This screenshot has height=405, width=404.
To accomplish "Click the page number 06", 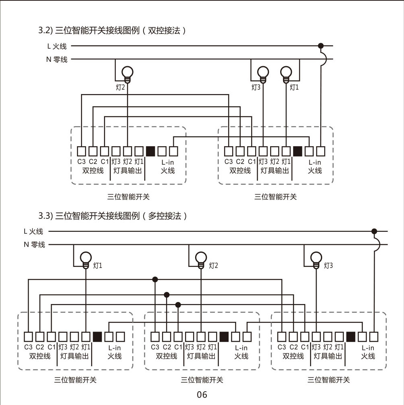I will (202, 395).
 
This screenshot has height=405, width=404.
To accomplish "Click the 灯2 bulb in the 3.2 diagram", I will (127, 72).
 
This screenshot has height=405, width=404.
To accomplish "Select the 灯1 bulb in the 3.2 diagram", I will (286, 72).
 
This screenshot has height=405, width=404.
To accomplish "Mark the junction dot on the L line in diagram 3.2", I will (321, 46).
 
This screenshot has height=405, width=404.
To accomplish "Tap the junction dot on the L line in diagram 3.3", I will (374, 231).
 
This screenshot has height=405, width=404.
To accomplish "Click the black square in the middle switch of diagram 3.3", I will (224, 336).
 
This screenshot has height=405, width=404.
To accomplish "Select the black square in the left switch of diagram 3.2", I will (150, 151).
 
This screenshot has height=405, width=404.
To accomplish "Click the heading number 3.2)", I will (46, 30).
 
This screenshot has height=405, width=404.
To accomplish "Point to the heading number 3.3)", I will (46, 216).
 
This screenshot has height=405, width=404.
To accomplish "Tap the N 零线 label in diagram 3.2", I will (56, 60).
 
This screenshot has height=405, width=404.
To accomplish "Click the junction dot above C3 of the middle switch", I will (155, 279).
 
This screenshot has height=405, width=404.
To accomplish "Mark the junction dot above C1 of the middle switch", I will (178, 304).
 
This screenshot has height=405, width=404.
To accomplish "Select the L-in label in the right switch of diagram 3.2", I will (315, 162).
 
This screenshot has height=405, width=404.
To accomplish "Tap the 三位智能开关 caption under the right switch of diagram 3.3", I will (329, 380).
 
